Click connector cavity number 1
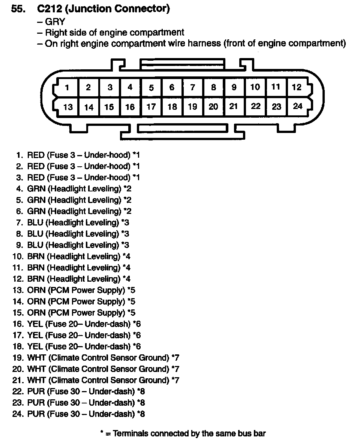[x=67, y=88]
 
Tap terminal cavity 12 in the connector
[x=297, y=87]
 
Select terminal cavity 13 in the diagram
[x=68, y=107]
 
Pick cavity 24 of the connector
[x=298, y=106]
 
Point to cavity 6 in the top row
[x=172, y=88]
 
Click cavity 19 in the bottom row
[x=192, y=107]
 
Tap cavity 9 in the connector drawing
[x=234, y=87]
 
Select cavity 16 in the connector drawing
[x=130, y=107]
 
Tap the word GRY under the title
[x=55, y=22]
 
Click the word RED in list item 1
[x=36, y=155]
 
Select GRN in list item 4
[x=36, y=188]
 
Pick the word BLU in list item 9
[x=35, y=245]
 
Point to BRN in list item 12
[x=36, y=279]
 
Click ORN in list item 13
[x=36, y=290]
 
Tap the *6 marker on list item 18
[x=137, y=346]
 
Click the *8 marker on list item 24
[x=141, y=414]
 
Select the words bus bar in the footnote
[x=252, y=434]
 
